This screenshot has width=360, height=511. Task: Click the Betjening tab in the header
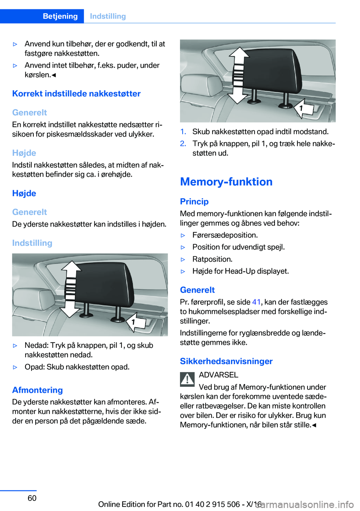click(60, 16)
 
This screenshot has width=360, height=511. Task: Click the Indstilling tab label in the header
click(108, 16)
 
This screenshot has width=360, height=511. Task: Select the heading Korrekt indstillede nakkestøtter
click(76, 93)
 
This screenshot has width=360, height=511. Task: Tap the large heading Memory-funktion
click(226, 182)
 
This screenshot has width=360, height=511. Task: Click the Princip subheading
click(194, 201)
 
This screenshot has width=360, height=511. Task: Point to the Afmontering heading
click(37, 390)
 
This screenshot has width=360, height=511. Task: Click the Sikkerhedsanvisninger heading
click(226, 361)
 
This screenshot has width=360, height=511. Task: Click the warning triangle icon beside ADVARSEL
click(187, 379)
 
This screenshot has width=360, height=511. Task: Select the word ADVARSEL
click(218, 375)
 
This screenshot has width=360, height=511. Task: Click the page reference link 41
click(256, 302)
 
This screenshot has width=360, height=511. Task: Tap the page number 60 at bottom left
click(32, 498)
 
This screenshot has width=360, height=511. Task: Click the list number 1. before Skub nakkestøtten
click(183, 132)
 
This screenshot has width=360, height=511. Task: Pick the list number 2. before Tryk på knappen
click(183, 144)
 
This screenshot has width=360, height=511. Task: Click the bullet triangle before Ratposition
click(183, 259)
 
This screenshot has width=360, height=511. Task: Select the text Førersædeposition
click(225, 235)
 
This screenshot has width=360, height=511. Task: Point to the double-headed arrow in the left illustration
click(71, 289)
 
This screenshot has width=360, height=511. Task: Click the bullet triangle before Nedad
click(15, 346)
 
